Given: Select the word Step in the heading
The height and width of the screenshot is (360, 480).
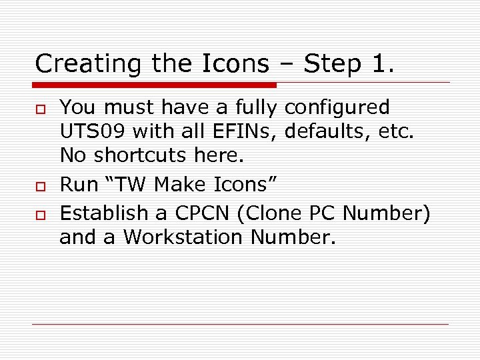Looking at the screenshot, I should pos(329,64).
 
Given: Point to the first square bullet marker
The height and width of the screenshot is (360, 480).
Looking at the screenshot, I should pos(40,109).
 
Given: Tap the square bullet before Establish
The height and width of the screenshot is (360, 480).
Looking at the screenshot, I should pos(40,214).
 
